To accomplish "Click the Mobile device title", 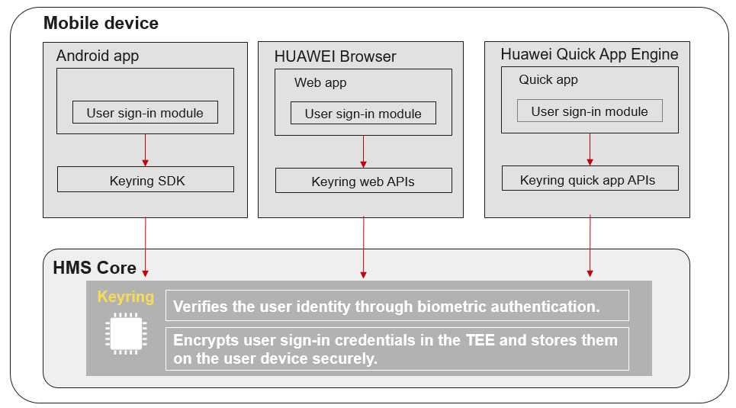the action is pos(101,23).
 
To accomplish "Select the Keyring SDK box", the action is pos(146,179).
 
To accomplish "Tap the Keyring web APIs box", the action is pos(364,181).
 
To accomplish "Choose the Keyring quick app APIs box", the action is pos(590,178).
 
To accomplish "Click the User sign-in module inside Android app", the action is pos(145,113).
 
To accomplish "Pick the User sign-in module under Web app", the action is pos(363,113).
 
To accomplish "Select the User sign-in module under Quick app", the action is pos(590,111).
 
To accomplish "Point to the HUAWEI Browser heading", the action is pos(335,56).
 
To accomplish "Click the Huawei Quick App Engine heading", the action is pos(590,54).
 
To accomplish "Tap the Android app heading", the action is pos(98,56).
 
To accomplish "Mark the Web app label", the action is pos(320,82).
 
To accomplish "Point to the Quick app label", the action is pos(548,80).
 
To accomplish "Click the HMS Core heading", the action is pos(95,268).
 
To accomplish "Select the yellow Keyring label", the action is pos(126,297).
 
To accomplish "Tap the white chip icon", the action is pos(126,334).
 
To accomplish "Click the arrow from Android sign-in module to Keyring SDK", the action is pos(145,150).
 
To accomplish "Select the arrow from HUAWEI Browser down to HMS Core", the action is pos(363,247).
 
